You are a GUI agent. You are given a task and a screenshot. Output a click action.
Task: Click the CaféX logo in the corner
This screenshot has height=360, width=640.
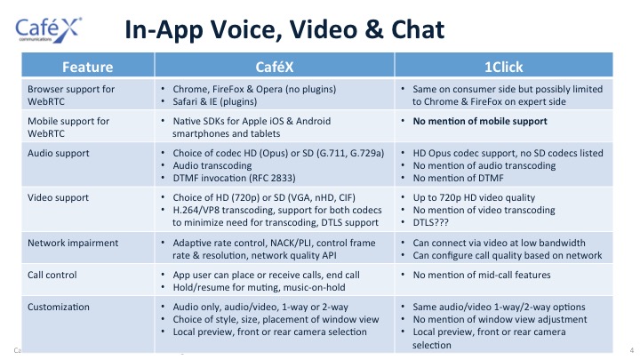tap(49, 30)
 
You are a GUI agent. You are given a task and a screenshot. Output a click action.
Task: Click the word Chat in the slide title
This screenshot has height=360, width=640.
tap(418, 30)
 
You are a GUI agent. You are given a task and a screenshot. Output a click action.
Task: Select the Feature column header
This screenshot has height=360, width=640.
tap(87, 67)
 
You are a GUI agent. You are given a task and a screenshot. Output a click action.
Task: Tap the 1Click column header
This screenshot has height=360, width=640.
tap(503, 67)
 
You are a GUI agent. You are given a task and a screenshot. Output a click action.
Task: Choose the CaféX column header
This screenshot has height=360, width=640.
tap(275, 67)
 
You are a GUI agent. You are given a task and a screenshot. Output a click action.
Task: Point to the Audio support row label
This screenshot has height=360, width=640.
tap(59, 153)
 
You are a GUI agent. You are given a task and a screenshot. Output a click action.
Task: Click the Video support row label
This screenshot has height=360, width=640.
tap(58, 197)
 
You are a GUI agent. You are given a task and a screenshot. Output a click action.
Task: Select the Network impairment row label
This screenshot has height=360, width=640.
tap(73, 243)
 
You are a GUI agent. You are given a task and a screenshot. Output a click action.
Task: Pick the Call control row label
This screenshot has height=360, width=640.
tap(52, 275)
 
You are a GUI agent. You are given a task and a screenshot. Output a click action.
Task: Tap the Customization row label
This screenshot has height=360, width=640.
tap(59, 307)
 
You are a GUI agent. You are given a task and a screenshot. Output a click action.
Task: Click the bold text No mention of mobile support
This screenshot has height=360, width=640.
tap(480, 121)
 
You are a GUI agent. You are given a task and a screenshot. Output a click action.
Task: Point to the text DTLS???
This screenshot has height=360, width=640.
tap(430, 222)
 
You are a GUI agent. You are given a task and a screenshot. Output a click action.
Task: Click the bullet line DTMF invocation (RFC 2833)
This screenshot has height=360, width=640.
tap(234, 178)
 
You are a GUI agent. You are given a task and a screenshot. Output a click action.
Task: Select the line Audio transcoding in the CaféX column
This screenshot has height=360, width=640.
tap(212, 165)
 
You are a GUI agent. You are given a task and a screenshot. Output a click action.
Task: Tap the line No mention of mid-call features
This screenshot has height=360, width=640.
tap(482, 275)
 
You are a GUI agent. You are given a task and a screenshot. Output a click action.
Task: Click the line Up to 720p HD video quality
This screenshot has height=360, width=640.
tap(474, 197)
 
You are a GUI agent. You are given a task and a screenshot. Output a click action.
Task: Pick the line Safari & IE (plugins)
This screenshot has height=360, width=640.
tap(215, 101)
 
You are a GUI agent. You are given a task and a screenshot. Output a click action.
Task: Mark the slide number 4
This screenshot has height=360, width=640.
tap(631, 350)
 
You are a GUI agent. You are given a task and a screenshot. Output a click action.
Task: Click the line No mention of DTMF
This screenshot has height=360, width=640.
tap(458, 178)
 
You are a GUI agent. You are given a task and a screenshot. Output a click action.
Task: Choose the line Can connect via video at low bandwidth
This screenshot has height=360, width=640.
tap(499, 243)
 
